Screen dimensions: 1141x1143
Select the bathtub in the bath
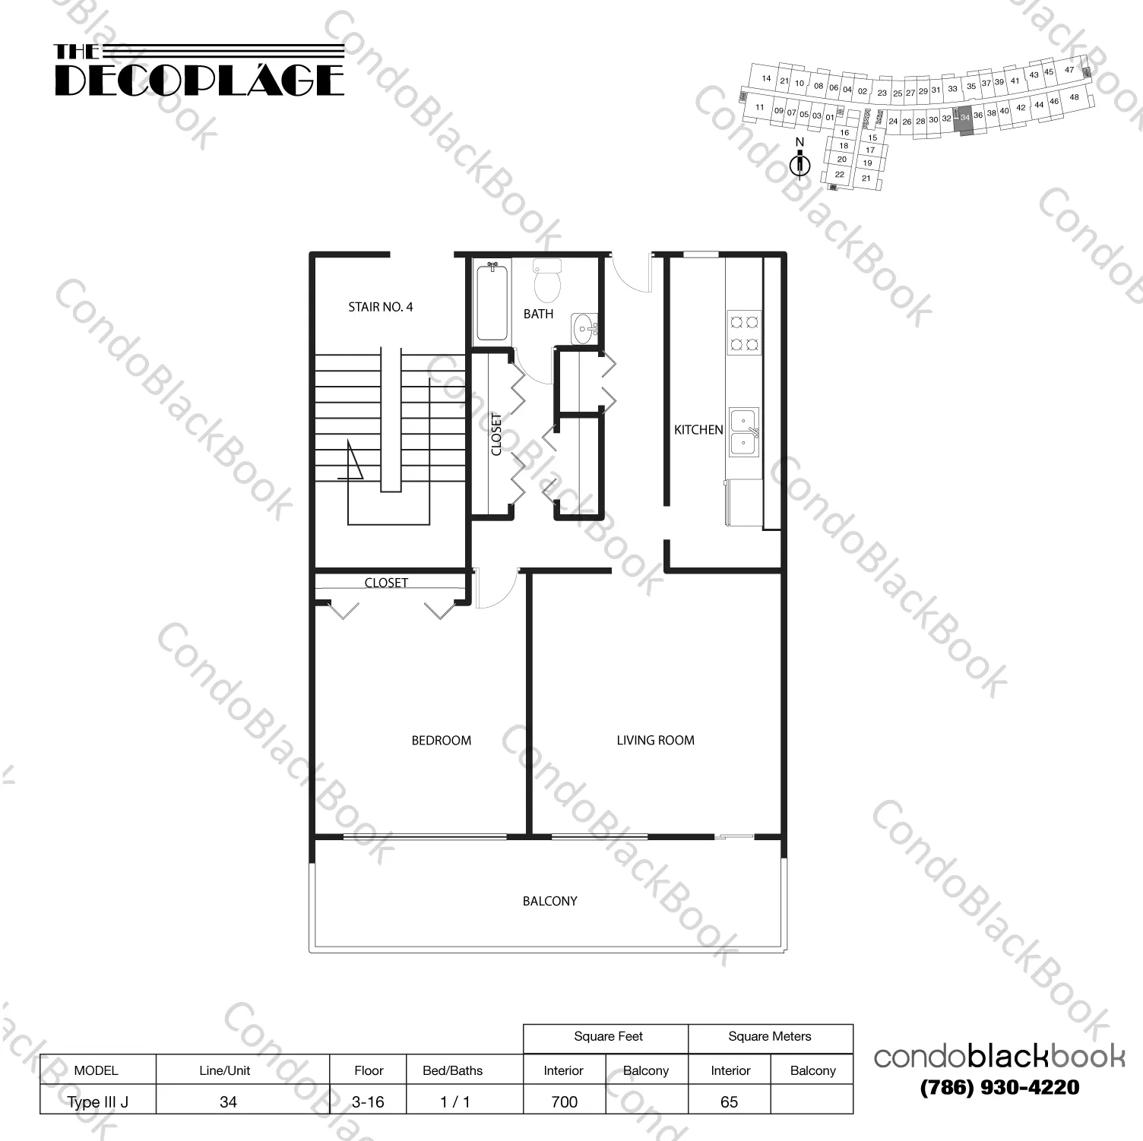(x=492, y=301)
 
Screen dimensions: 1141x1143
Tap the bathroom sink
(x=584, y=330)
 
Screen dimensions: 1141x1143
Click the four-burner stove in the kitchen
(x=743, y=332)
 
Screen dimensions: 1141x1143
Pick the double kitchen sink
(x=743, y=431)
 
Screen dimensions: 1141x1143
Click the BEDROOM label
(x=441, y=740)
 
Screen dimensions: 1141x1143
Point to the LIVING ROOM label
(x=655, y=740)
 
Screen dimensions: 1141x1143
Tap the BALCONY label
(x=549, y=901)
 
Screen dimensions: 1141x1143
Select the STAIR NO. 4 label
(x=380, y=307)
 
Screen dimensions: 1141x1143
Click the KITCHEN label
(x=698, y=430)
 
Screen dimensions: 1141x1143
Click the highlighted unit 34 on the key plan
(x=964, y=120)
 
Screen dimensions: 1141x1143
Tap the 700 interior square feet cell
(x=564, y=1101)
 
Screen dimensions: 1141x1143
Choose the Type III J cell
(x=97, y=1101)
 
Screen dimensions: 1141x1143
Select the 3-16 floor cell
(x=368, y=1101)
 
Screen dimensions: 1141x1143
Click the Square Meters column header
(x=769, y=1037)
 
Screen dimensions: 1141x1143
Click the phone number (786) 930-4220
(x=999, y=1087)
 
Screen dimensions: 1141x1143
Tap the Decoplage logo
(x=199, y=71)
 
